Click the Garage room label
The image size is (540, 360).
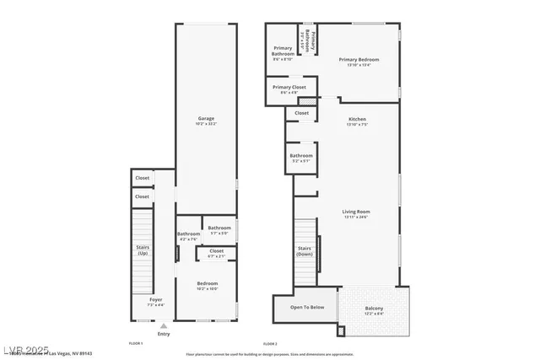coord(206,119)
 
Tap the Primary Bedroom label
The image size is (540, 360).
coord(359,60)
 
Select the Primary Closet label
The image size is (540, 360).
coord(289,88)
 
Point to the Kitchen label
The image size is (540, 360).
coord(358,120)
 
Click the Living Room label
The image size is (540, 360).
coord(357,212)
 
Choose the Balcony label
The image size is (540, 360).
coord(374,309)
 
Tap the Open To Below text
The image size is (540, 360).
coord(307,307)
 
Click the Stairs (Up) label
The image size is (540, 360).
coord(143,250)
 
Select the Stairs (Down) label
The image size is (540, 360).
coord(305,250)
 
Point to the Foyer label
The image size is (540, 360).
coord(156,299)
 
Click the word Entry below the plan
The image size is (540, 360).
coord(163,335)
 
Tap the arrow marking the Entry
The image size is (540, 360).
coord(163,325)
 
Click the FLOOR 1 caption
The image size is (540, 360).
coord(136,344)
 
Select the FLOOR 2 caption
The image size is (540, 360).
coord(270,344)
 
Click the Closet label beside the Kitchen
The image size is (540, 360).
coord(301,112)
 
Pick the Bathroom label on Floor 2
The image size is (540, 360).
coord(301,155)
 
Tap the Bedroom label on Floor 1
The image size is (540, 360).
coord(208,283)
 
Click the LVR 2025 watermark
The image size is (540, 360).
coord(24,350)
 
